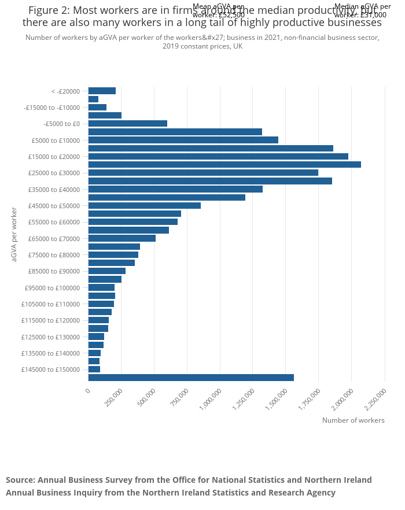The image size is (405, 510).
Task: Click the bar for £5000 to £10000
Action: [183, 140]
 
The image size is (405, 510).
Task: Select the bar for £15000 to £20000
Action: [218, 156]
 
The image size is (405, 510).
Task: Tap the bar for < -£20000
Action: [102, 91]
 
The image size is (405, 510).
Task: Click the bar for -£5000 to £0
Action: [127, 123]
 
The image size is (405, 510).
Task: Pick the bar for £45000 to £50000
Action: [144, 205]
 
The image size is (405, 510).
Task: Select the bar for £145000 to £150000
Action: [94, 369]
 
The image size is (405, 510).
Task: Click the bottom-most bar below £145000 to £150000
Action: [191, 378]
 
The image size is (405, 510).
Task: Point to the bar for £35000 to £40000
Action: [175, 189]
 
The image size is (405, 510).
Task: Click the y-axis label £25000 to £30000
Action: [54, 173]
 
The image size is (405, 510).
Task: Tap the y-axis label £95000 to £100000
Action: [52, 288]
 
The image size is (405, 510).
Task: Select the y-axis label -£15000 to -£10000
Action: [51, 108]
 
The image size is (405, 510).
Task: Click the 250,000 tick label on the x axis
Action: [113, 399]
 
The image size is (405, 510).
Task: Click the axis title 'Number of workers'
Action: [353, 420]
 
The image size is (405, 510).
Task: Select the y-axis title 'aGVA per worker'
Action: [14, 234]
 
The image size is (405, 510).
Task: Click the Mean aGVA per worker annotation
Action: [219, 10]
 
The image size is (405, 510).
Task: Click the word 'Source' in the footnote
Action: [20, 480]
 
